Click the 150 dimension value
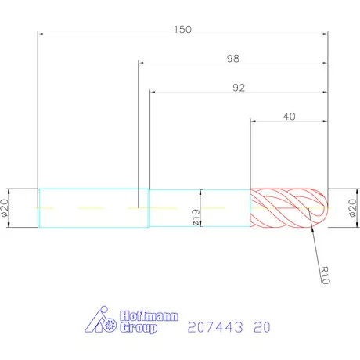(183, 29)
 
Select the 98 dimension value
(233, 57)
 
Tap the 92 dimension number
(239, 87)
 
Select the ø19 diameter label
(196, 217)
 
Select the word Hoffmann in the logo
(149, 317)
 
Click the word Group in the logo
(139, 329)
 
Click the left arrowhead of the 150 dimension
(41, 34)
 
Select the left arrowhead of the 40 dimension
(254, 121)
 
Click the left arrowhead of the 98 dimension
(142, 63)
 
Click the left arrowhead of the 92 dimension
(153, 92)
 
